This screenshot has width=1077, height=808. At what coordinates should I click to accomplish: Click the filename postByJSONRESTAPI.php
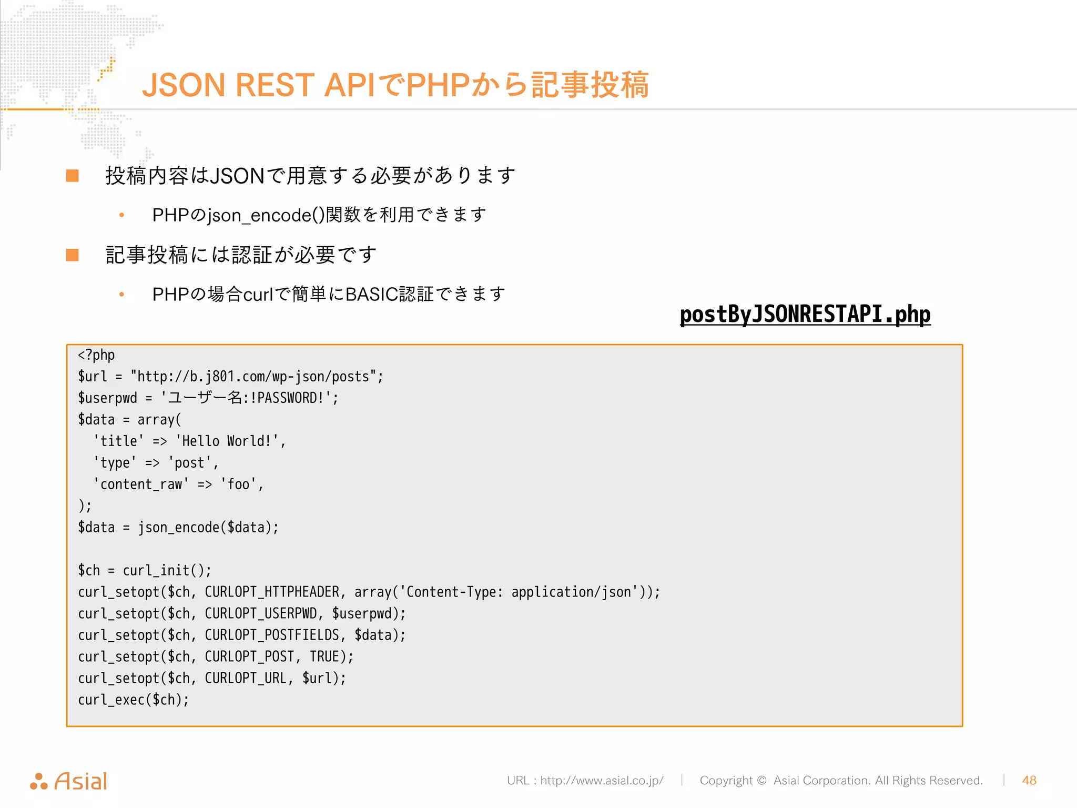tap(805, 315)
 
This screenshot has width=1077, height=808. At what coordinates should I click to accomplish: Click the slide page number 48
tap(1029, 780)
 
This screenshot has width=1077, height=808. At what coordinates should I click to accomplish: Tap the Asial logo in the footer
tap(69, 781)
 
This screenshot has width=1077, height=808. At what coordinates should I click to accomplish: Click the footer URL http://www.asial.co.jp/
tap(602, 780)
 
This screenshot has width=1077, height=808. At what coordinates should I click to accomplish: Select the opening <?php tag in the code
tap(96, 356)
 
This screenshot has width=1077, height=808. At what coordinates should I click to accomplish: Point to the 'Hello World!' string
tap(227, 441)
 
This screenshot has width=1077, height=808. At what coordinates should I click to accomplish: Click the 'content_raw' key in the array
tap(141, 484)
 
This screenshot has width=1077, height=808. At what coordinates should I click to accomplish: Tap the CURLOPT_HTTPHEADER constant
tap(271, 592)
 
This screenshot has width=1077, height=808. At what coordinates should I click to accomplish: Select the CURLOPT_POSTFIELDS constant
tap(271, 635)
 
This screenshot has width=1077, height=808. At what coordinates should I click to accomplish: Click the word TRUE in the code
tap(324, 657)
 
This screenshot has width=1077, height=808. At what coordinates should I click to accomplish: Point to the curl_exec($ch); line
tap(133, 700)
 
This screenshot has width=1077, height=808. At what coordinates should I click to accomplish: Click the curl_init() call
tap(166, 571)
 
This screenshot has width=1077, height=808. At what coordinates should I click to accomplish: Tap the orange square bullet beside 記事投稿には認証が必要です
tap(73, 255)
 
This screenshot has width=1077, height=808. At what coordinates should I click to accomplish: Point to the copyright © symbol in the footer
tap(761, 781)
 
